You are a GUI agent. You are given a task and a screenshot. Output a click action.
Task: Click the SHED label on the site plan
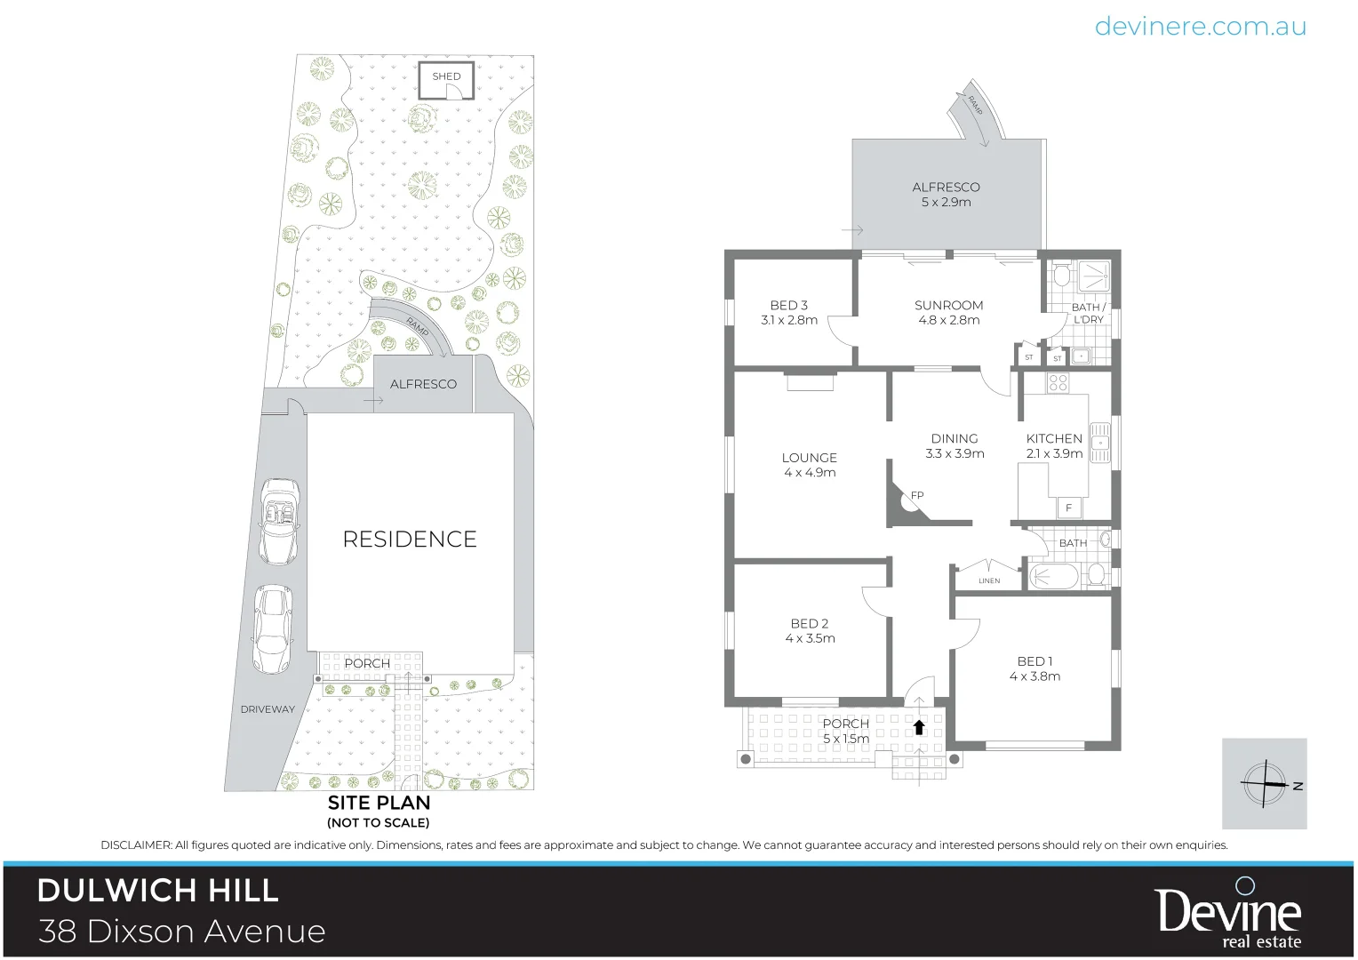[446, 76]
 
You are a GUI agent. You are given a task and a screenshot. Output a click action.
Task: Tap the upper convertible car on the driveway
[280, 521]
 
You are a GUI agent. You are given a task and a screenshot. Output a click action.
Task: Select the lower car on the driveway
[271, 628]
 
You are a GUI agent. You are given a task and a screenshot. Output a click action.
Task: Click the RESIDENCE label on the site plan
[410, 540]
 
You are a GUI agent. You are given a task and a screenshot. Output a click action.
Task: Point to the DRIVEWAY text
[268, 709]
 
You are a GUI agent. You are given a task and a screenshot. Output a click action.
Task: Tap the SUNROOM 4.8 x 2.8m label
[948, 312]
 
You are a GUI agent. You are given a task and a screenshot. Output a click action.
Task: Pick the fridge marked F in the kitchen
[1069, 508]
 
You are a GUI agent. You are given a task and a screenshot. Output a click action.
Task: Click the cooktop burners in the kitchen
[1058, 383]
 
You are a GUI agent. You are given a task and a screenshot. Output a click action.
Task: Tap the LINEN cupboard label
[989, 580]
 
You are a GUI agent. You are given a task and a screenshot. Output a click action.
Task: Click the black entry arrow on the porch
[919, 727]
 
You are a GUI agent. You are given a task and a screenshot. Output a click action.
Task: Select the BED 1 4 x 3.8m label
[1034, 668]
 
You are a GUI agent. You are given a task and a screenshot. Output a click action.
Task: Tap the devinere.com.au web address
[1200, 27]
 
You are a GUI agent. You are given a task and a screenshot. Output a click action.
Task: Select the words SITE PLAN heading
[379, 802]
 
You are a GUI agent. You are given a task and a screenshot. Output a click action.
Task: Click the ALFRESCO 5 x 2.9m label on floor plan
[946, 194]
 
